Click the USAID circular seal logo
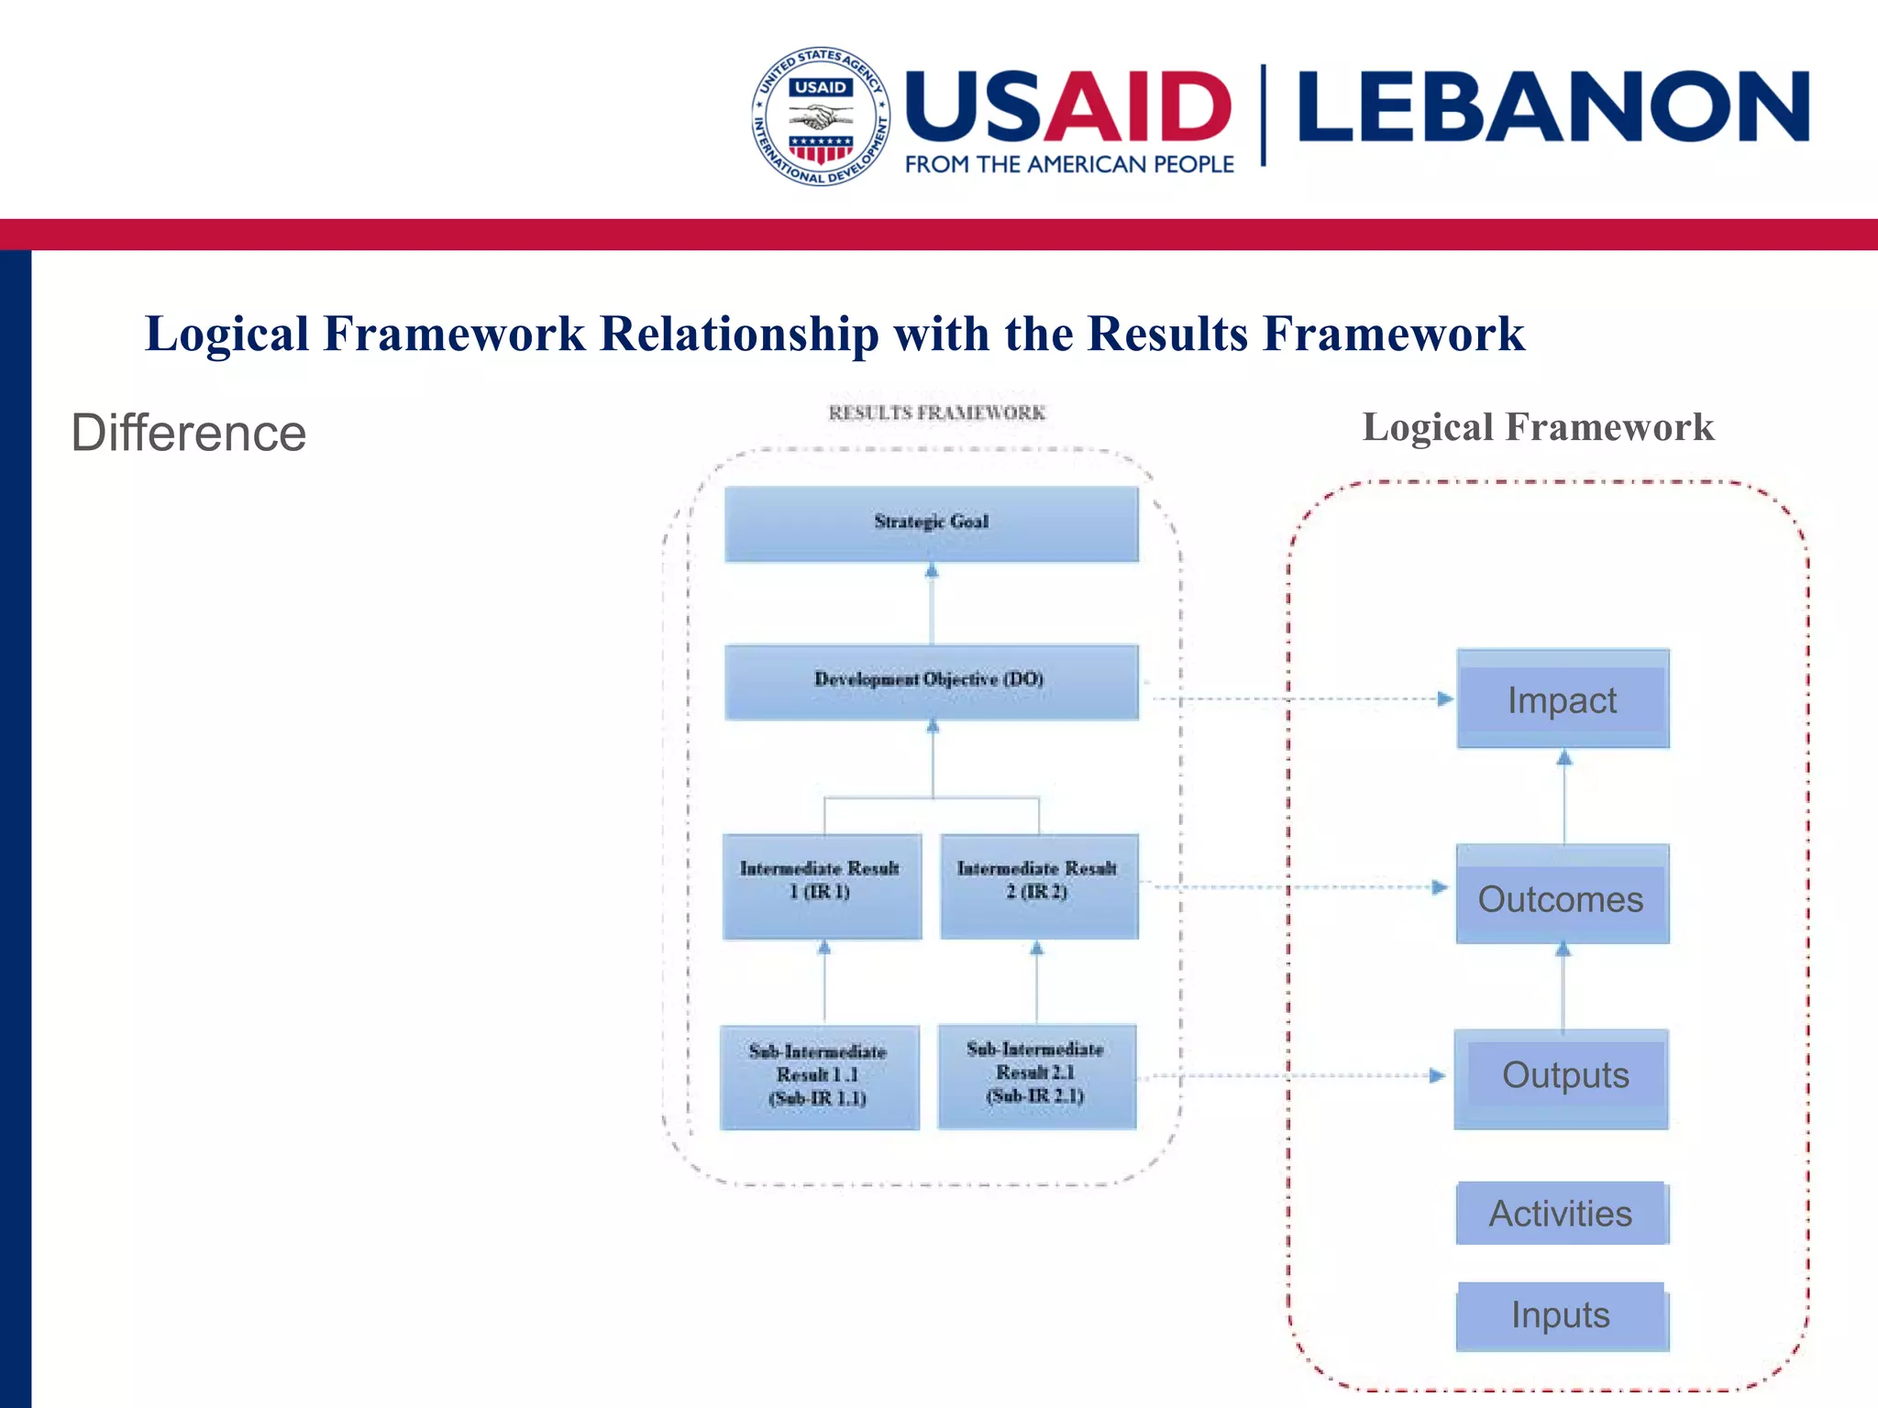point(821,116)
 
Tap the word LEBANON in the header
point(1553,108)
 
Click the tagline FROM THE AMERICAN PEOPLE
point(1069,165)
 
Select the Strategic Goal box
point(932,523)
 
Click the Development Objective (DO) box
point(932,681)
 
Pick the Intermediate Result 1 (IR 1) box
point(822,885)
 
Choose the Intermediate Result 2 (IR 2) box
point(1039,885)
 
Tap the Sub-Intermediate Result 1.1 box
point(819,1077)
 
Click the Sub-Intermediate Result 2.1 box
point(1037,1075)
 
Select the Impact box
point(1563,699)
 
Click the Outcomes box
point(1562,896)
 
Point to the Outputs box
point(1562,1078)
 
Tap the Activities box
point(1562,1213)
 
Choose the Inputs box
point(1562,1315)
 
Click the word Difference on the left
point(189,433)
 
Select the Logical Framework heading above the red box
point(1538,427)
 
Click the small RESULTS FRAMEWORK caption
point(937,413)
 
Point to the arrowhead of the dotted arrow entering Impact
point(1445,699)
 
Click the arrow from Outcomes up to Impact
point(1564,797)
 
